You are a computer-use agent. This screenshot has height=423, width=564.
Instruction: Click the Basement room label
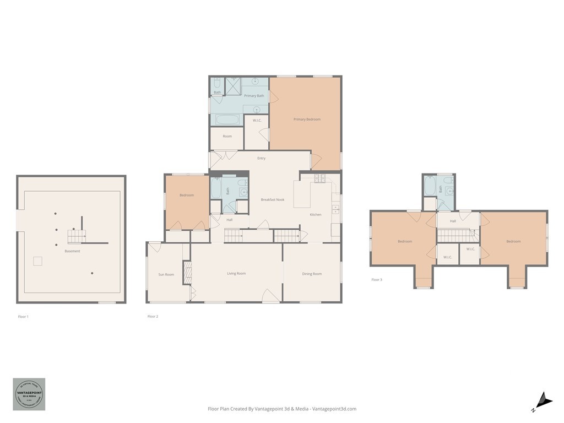[x=72, y=251]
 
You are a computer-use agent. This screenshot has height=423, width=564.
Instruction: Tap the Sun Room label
[x=166, y=274]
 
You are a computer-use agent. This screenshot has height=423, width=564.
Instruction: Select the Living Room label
[x=236, y=273]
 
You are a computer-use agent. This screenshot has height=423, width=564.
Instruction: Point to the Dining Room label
[x=312, y=274]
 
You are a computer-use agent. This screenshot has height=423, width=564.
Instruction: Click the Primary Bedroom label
[x=307, y=119]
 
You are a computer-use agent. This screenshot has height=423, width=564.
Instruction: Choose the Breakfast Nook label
[x=273, y=199]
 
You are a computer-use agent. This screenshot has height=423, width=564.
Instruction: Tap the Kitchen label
[x=316, y=214]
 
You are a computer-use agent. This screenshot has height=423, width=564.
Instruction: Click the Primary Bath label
[x=254, y=96]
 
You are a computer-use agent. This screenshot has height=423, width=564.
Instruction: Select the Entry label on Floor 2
[x=261, y=158]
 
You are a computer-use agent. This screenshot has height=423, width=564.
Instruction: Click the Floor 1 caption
[x=23, y=317]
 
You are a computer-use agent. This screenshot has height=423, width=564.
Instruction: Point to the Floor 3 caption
[x=377, y=280]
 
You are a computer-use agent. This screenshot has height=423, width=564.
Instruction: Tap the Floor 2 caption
[x=153, y=317]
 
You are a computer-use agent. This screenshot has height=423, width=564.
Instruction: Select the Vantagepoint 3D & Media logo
[x=29, y=394]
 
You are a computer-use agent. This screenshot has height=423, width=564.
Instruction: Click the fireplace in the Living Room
[x=187, y=273]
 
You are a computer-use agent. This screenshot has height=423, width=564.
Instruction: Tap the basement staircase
[x=75, y=237]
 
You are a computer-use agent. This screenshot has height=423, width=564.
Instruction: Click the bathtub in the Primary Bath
[x=226, y=120]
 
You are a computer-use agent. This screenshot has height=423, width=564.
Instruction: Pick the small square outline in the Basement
[x=37, y=261]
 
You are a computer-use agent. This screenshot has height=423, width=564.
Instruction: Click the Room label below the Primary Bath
[x=227, y=136]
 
